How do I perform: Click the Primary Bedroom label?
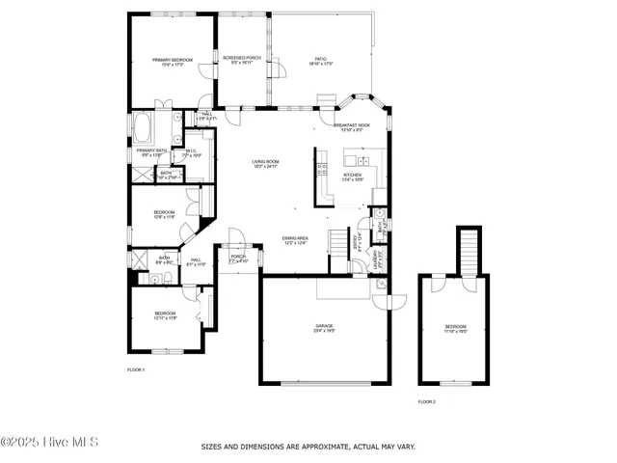pyautogui.click(x=173, y=62)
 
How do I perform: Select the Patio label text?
pyautogui.click(x=320, y=60)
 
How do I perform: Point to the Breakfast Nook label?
pyautogui.click(x=352, y=127)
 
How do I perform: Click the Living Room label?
pyautogui.click(x=265, y=164)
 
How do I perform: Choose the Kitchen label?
pyautogui.click(x=352, y=177)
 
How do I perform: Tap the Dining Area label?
pyautogui.click(x=295, y=239)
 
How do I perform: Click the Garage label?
pyautogui.click(x=324, y=328)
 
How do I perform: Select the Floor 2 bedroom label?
pyautogui.click(x=454, y=328)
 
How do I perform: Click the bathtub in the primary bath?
pyautogui.click(x=145, y=127)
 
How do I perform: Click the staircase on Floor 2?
pyautogui.click(x=469, y=251)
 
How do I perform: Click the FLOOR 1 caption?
pyautogui.click(x=136, y=369)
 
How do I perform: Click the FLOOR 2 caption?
pyautogui.click(x=426, y=401)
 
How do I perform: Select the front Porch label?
pyautogui.click(x=238, y=259)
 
